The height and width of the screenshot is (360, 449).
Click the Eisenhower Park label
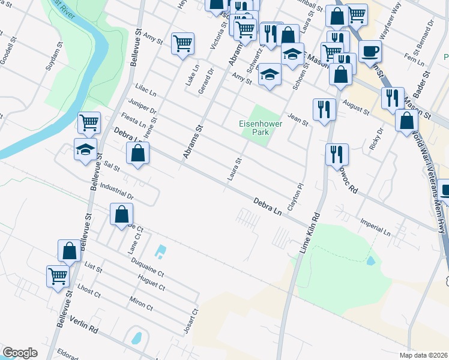[x=260, y=128]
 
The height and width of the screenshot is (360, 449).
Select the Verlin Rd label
[x=83, y=325]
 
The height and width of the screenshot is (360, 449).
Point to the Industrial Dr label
[x=116, y=191]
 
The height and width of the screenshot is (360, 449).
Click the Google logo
[x=20, y=353]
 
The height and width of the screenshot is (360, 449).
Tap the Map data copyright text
[x=424, y=355]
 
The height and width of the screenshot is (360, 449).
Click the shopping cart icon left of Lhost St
[x=58, y=277]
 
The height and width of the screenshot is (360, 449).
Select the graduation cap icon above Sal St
[x=85, y=148]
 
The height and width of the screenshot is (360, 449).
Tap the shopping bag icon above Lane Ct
[x=121, y=214]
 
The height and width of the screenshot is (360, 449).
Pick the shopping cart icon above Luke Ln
[x=182, y=43]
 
